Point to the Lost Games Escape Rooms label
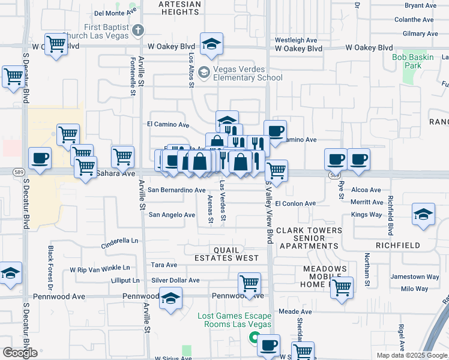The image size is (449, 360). [235, 320]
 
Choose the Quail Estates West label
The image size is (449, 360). [226, 254]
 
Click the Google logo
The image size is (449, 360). [20, 353]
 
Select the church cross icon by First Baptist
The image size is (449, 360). [138, 29]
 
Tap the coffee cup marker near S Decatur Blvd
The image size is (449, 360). [40, 159]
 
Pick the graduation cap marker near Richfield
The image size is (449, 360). [423, 215]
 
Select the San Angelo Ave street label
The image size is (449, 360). [172, 215]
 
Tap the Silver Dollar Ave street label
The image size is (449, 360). [175, 280]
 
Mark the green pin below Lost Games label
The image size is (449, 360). [255, 338]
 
